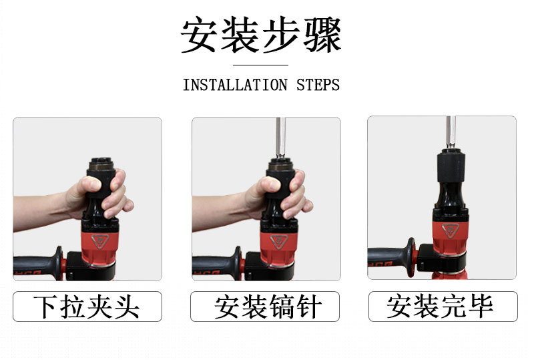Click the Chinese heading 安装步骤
click(261, 35)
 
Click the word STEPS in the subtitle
click(318, 85)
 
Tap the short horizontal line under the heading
click(260, 65)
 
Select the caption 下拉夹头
click(87, 307)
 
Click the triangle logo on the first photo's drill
click(100, 241)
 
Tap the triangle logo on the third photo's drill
click(451, 230)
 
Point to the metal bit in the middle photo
click(280, 138)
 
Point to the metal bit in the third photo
click(451, 133)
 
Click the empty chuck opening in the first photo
click(101, 160)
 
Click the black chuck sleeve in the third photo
click(451, 166)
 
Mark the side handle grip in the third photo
click(392, 256)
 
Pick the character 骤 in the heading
click(322, 35)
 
